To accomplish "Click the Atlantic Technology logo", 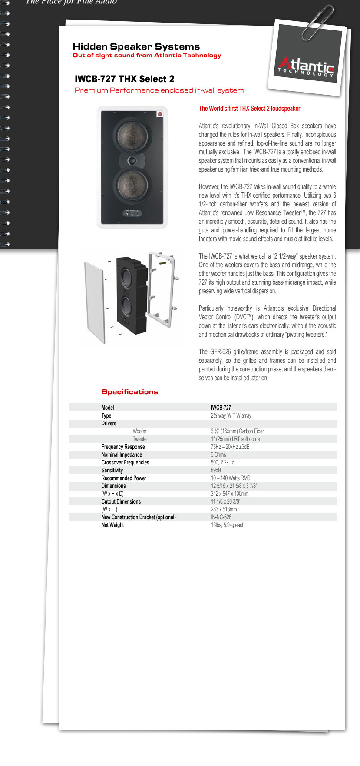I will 307,68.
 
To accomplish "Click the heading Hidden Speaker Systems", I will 136,46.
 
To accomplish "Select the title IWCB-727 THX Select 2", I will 125,79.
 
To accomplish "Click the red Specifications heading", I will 129,391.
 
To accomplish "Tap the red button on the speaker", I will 160,114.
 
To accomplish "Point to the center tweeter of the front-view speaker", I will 132,161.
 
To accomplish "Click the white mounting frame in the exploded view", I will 162,289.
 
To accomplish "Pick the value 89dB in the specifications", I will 216,470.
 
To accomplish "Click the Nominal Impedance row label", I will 122,454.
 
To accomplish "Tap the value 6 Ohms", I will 218,454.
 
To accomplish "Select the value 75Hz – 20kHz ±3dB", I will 230,447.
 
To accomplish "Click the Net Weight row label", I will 112,525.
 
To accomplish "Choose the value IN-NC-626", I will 221,517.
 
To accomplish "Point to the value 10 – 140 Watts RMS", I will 231,478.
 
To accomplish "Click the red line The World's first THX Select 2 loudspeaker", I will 249,109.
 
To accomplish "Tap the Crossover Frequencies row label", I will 125,462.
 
